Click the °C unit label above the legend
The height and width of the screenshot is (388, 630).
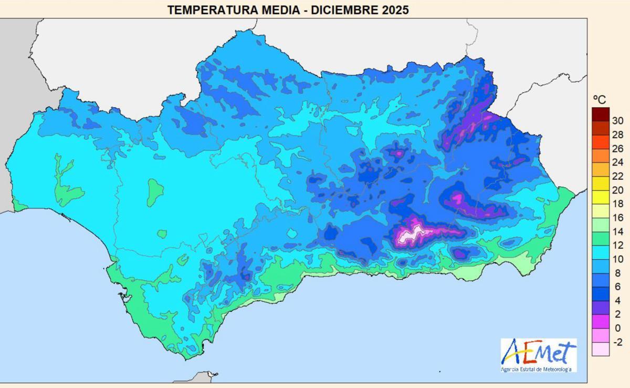599,100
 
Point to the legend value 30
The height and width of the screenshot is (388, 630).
617,120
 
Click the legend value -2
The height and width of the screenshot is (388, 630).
617,342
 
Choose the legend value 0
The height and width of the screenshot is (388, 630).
617,328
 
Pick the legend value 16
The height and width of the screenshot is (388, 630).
617,218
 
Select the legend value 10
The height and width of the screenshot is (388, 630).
617,259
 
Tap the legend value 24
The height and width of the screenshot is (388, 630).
617,162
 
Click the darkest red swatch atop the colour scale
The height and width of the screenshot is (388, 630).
601,114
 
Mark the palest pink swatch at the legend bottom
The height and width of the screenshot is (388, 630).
601,349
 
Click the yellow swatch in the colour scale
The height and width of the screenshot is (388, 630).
601,197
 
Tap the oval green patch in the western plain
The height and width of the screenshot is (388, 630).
154,192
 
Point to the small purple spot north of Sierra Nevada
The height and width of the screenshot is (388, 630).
398,154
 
